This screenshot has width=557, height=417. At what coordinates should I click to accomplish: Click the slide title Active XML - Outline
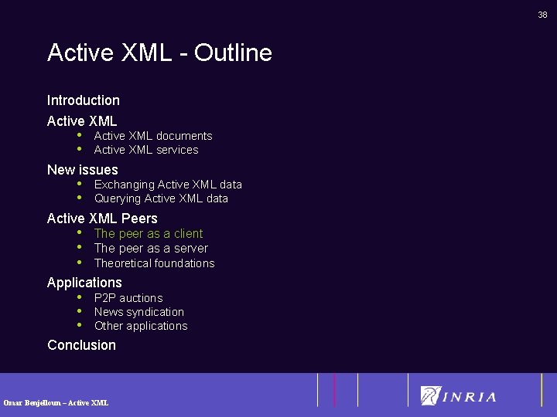[x=159, y=53]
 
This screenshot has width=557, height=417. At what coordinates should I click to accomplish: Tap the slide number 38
[x=542, y=15]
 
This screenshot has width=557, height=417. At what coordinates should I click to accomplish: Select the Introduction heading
[x=84, y=100]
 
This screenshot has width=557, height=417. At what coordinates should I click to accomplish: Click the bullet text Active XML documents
[x=153, y=136]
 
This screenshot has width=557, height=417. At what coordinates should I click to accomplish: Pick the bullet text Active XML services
[x=146, y=150]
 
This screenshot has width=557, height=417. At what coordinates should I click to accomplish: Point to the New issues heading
[x=83, y=170]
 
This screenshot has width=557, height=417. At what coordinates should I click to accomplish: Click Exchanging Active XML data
[x=168, y=185]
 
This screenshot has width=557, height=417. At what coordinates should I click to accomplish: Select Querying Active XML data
[x=161, y=198]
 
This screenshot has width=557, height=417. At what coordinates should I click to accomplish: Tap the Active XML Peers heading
[x=102, y=219]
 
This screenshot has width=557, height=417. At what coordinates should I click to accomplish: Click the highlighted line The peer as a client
[x=149, y=233]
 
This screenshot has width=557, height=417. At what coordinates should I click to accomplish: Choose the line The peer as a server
[x=151, y=248]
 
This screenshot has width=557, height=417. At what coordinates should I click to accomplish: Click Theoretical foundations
[x=154, y=263]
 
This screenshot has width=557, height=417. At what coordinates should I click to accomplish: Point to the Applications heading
[x=84, y=283]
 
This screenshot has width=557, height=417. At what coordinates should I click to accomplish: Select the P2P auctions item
[x=128, y=298]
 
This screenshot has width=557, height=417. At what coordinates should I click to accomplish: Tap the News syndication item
[x=139, y=312]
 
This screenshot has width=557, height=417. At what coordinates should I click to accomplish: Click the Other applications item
[x=141, y=326]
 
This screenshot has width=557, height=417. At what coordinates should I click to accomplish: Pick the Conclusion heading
[x=81, y=345]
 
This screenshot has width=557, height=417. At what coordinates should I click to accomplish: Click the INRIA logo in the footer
[x=459, y=396]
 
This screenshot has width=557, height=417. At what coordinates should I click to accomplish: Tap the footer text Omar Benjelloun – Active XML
[x=56, y=402]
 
